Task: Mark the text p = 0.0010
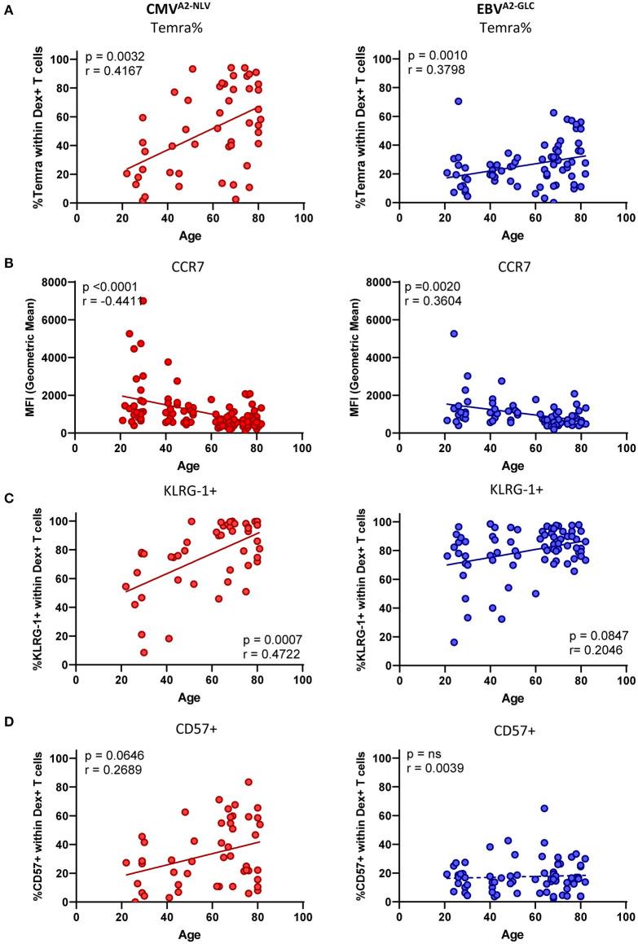434,56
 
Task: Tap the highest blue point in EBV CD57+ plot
543,786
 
